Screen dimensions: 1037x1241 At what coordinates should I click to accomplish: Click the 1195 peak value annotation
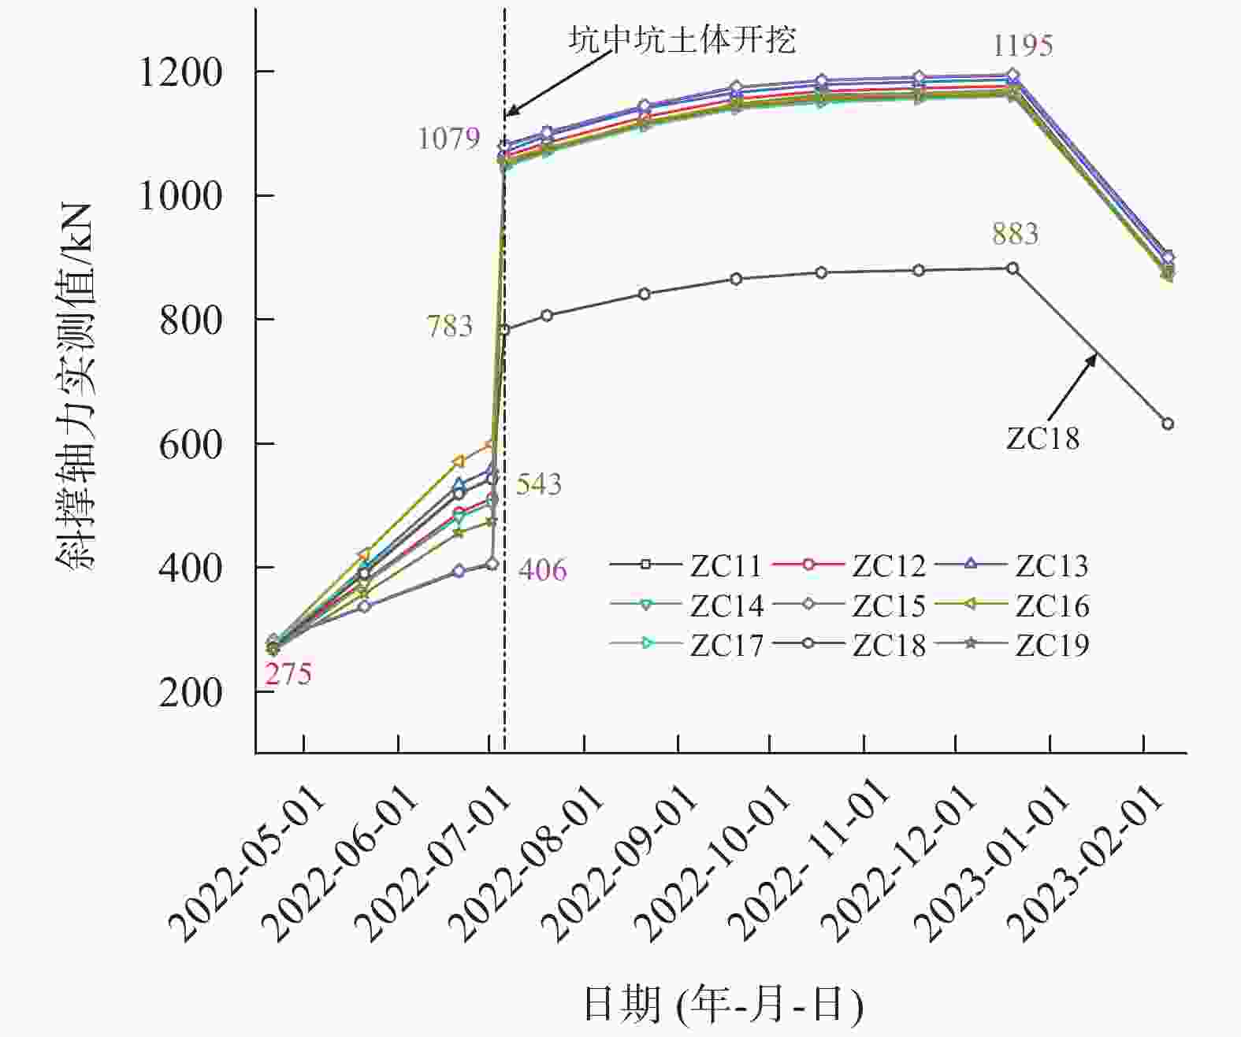(x=1022, y=46)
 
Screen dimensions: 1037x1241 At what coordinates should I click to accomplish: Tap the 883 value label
(x=1015, y=234)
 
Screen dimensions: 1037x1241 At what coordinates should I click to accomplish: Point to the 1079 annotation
(x=448, y=139)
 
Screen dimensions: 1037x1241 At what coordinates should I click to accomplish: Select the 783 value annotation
(x=450, y=326)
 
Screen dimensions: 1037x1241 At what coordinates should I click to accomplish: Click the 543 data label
(x=539, y=484)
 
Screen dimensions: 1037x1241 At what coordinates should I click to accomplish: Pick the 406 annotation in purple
(x=542, y=570)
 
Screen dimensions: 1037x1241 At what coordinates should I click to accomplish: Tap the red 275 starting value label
(x=288, y=674)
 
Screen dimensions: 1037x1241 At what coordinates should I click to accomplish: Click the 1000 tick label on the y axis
(x=180, y=196)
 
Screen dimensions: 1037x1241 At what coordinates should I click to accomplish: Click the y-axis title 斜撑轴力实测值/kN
(x=76, y=386)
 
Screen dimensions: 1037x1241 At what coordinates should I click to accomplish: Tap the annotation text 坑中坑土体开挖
(x=682, y=39)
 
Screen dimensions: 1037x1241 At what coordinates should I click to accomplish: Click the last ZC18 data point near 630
(x=1168, y=424)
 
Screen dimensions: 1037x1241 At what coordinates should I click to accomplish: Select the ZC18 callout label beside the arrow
(x=1042, y=439)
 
